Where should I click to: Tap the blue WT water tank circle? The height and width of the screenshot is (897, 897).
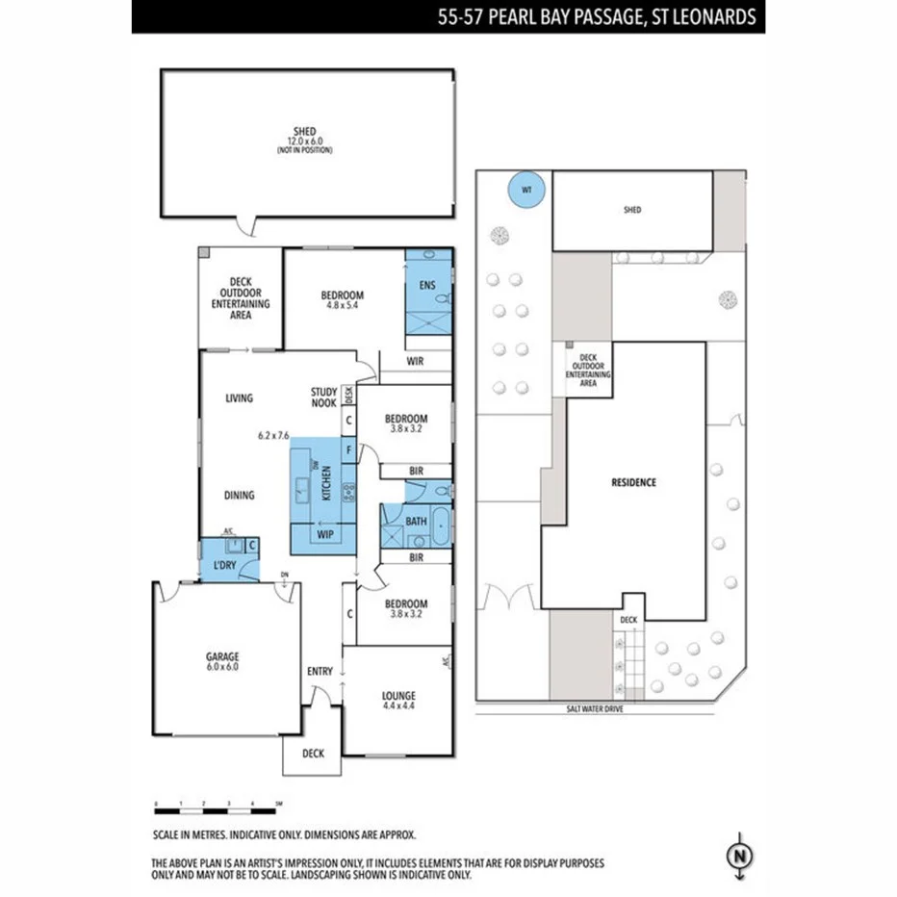526,191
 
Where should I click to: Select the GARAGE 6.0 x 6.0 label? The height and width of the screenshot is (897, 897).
221,660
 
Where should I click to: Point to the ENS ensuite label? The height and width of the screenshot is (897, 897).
428,286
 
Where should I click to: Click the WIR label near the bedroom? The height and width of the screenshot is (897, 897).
416,363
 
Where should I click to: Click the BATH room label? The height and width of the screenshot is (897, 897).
416,521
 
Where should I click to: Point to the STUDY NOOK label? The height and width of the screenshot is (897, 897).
323,397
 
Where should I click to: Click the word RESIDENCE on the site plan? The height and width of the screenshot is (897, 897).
633,482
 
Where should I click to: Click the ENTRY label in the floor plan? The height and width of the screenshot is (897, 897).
320,671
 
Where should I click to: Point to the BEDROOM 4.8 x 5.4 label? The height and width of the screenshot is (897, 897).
342,300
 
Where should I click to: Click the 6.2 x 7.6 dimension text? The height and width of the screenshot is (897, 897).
273,435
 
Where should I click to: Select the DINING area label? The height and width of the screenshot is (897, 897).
240,496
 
